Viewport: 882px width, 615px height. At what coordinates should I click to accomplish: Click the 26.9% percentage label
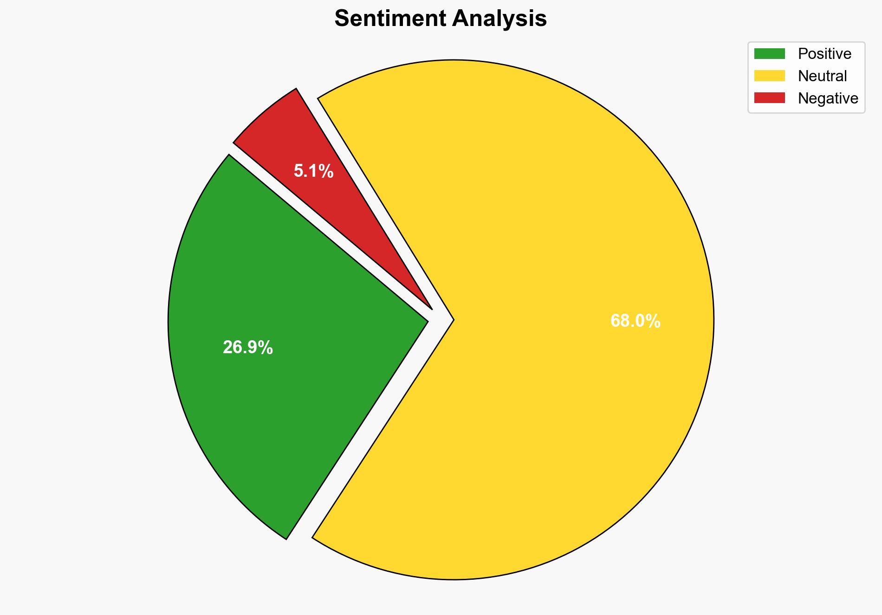(248, 348)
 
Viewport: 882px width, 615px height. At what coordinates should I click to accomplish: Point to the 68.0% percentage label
(635, 321)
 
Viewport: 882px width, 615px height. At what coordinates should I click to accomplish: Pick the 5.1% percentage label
(313, 172)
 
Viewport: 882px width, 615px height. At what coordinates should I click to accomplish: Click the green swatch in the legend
(769, 54)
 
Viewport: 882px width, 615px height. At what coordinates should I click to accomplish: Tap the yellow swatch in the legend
(769, 76)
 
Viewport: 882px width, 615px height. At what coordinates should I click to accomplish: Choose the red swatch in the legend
(769, 98)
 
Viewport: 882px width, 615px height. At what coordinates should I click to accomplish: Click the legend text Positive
(824, 54)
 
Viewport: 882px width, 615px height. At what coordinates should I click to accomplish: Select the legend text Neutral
(822, 76)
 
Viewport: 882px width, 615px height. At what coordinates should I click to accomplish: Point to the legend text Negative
(828, 98)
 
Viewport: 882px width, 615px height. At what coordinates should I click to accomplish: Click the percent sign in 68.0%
(653, 321)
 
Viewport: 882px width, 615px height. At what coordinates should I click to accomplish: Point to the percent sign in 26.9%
(266, 348)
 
